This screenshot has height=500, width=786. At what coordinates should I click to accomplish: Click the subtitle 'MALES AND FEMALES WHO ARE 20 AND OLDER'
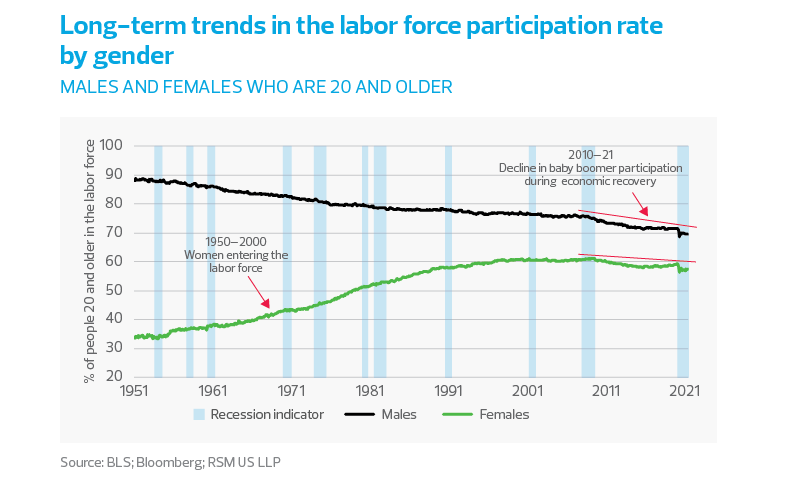pyautogui.click(x=256, y=87)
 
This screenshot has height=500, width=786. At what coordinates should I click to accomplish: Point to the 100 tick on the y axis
pyautogui.click(x=111, y=146)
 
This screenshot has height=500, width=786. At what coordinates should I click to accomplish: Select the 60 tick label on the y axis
pyautogui.click(x=114, y=262)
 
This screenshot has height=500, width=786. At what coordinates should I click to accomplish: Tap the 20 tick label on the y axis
pyautogui.click(x=114, y=377)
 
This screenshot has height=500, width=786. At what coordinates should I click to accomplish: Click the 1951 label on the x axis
pyautogui.click(x=134, y=391)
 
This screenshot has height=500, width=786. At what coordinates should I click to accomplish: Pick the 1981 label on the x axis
pyautogui.click(x=371, y=391)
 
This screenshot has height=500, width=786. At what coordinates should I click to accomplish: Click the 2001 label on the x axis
pyautogui.click(x=529, y=391)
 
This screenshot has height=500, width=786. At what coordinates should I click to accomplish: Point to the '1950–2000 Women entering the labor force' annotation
pyautogui.click(x=236, y=255)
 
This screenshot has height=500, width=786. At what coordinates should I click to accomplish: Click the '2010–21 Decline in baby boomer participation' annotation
pyautogui.click(x=591, y=169)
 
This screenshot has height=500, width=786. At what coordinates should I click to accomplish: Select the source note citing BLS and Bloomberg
pyautogui.click(x=178, y=463)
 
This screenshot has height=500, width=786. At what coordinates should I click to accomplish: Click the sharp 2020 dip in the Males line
pyautogui.click(x=680, y=237)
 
